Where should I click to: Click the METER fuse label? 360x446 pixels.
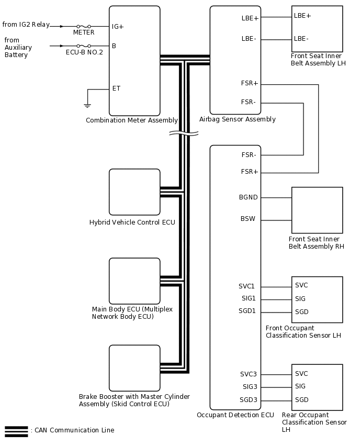tap(84, 32)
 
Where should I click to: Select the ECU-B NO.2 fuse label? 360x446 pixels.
tap(84, 52)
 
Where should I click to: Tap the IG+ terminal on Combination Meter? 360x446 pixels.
tap(118, 26)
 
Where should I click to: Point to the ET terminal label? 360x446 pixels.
tap(116, 88)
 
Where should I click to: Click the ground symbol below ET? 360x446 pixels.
tap(87, 105)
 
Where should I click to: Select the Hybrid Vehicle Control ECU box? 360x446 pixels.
tap(134, 192)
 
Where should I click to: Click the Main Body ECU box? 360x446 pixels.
tap(134, 281)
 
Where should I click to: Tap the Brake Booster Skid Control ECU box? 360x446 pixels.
tap(134, 367)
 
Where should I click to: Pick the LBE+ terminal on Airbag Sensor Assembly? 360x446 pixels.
tap(250, 18)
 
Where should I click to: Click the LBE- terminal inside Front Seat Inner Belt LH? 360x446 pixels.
tap(301, 39)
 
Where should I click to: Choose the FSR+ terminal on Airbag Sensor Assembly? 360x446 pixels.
tap(250, 84)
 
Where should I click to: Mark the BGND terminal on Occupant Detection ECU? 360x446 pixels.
tap(248, 197)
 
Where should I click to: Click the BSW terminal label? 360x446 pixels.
tap(248, 219)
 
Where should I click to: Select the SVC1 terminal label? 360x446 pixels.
tap(247, 286)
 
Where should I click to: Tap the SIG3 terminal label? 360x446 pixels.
tap(249, 387)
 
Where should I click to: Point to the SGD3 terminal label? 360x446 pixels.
tap(249, 400)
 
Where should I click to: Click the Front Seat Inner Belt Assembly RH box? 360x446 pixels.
tap(317, 210)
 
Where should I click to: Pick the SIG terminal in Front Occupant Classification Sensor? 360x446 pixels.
tap(300, 299)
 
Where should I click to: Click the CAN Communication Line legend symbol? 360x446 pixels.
tap(16, 431)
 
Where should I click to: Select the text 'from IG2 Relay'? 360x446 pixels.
tap(26, 25)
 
